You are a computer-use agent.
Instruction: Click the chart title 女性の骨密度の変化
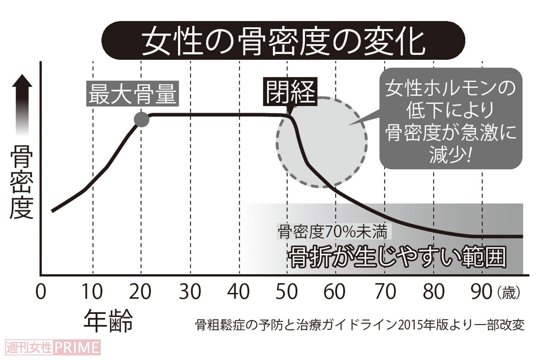283,41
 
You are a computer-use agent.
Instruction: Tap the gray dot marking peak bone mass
142,120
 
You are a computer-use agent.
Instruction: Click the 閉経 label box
291,92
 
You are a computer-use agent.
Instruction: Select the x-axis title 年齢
108,322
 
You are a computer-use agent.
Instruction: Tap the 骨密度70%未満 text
335,231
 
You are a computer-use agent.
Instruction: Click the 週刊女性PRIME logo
53,348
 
